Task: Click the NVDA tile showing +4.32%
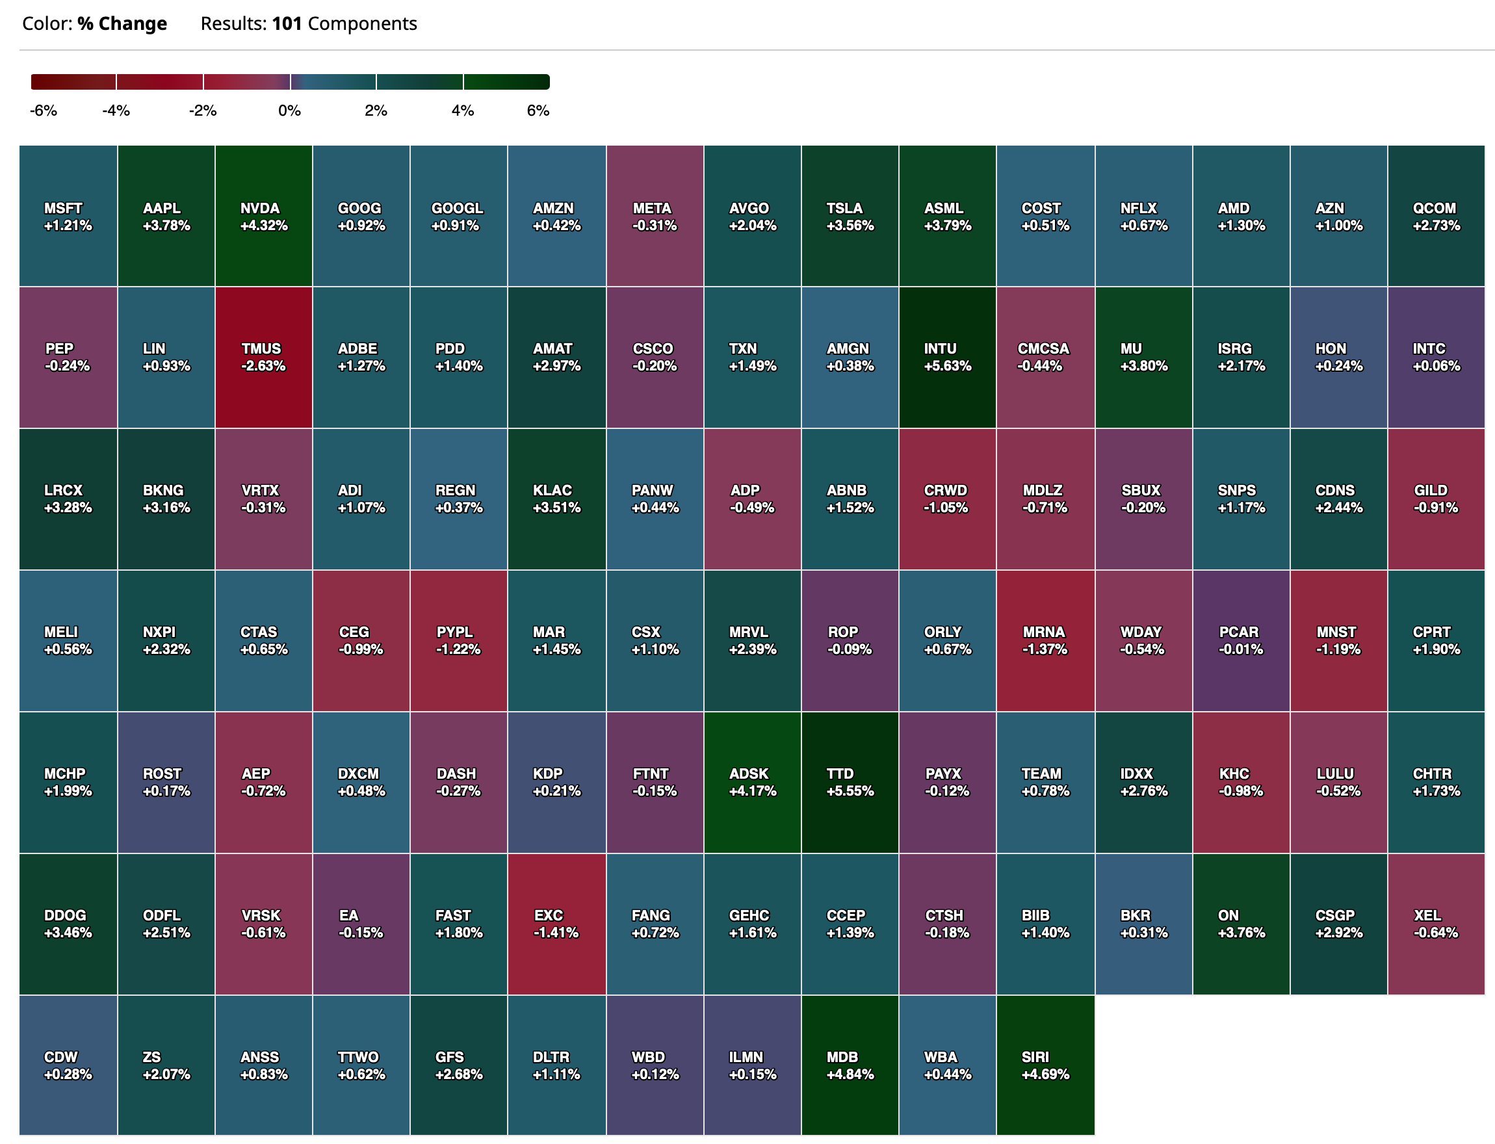tap(263, 216)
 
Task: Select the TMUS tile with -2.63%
tap(263, 357)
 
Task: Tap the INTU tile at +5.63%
tap(947, 357)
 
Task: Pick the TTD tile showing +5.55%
tap(850, 782)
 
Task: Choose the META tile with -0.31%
tap(655, 216)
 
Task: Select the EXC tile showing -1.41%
tap(556, 924)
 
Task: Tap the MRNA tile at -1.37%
tap(1045, 640)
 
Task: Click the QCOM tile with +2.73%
tap(1436, 216)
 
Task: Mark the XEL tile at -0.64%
tap(1436, 924)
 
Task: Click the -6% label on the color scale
tap(44, 110)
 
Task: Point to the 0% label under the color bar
tap(289, 110)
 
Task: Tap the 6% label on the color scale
tap(538, 110)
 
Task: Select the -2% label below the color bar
tap(202, 110)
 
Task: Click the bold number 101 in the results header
tap(287, 24)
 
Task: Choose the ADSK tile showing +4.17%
tap(752, 782)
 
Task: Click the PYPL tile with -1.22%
tap(458, 640)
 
